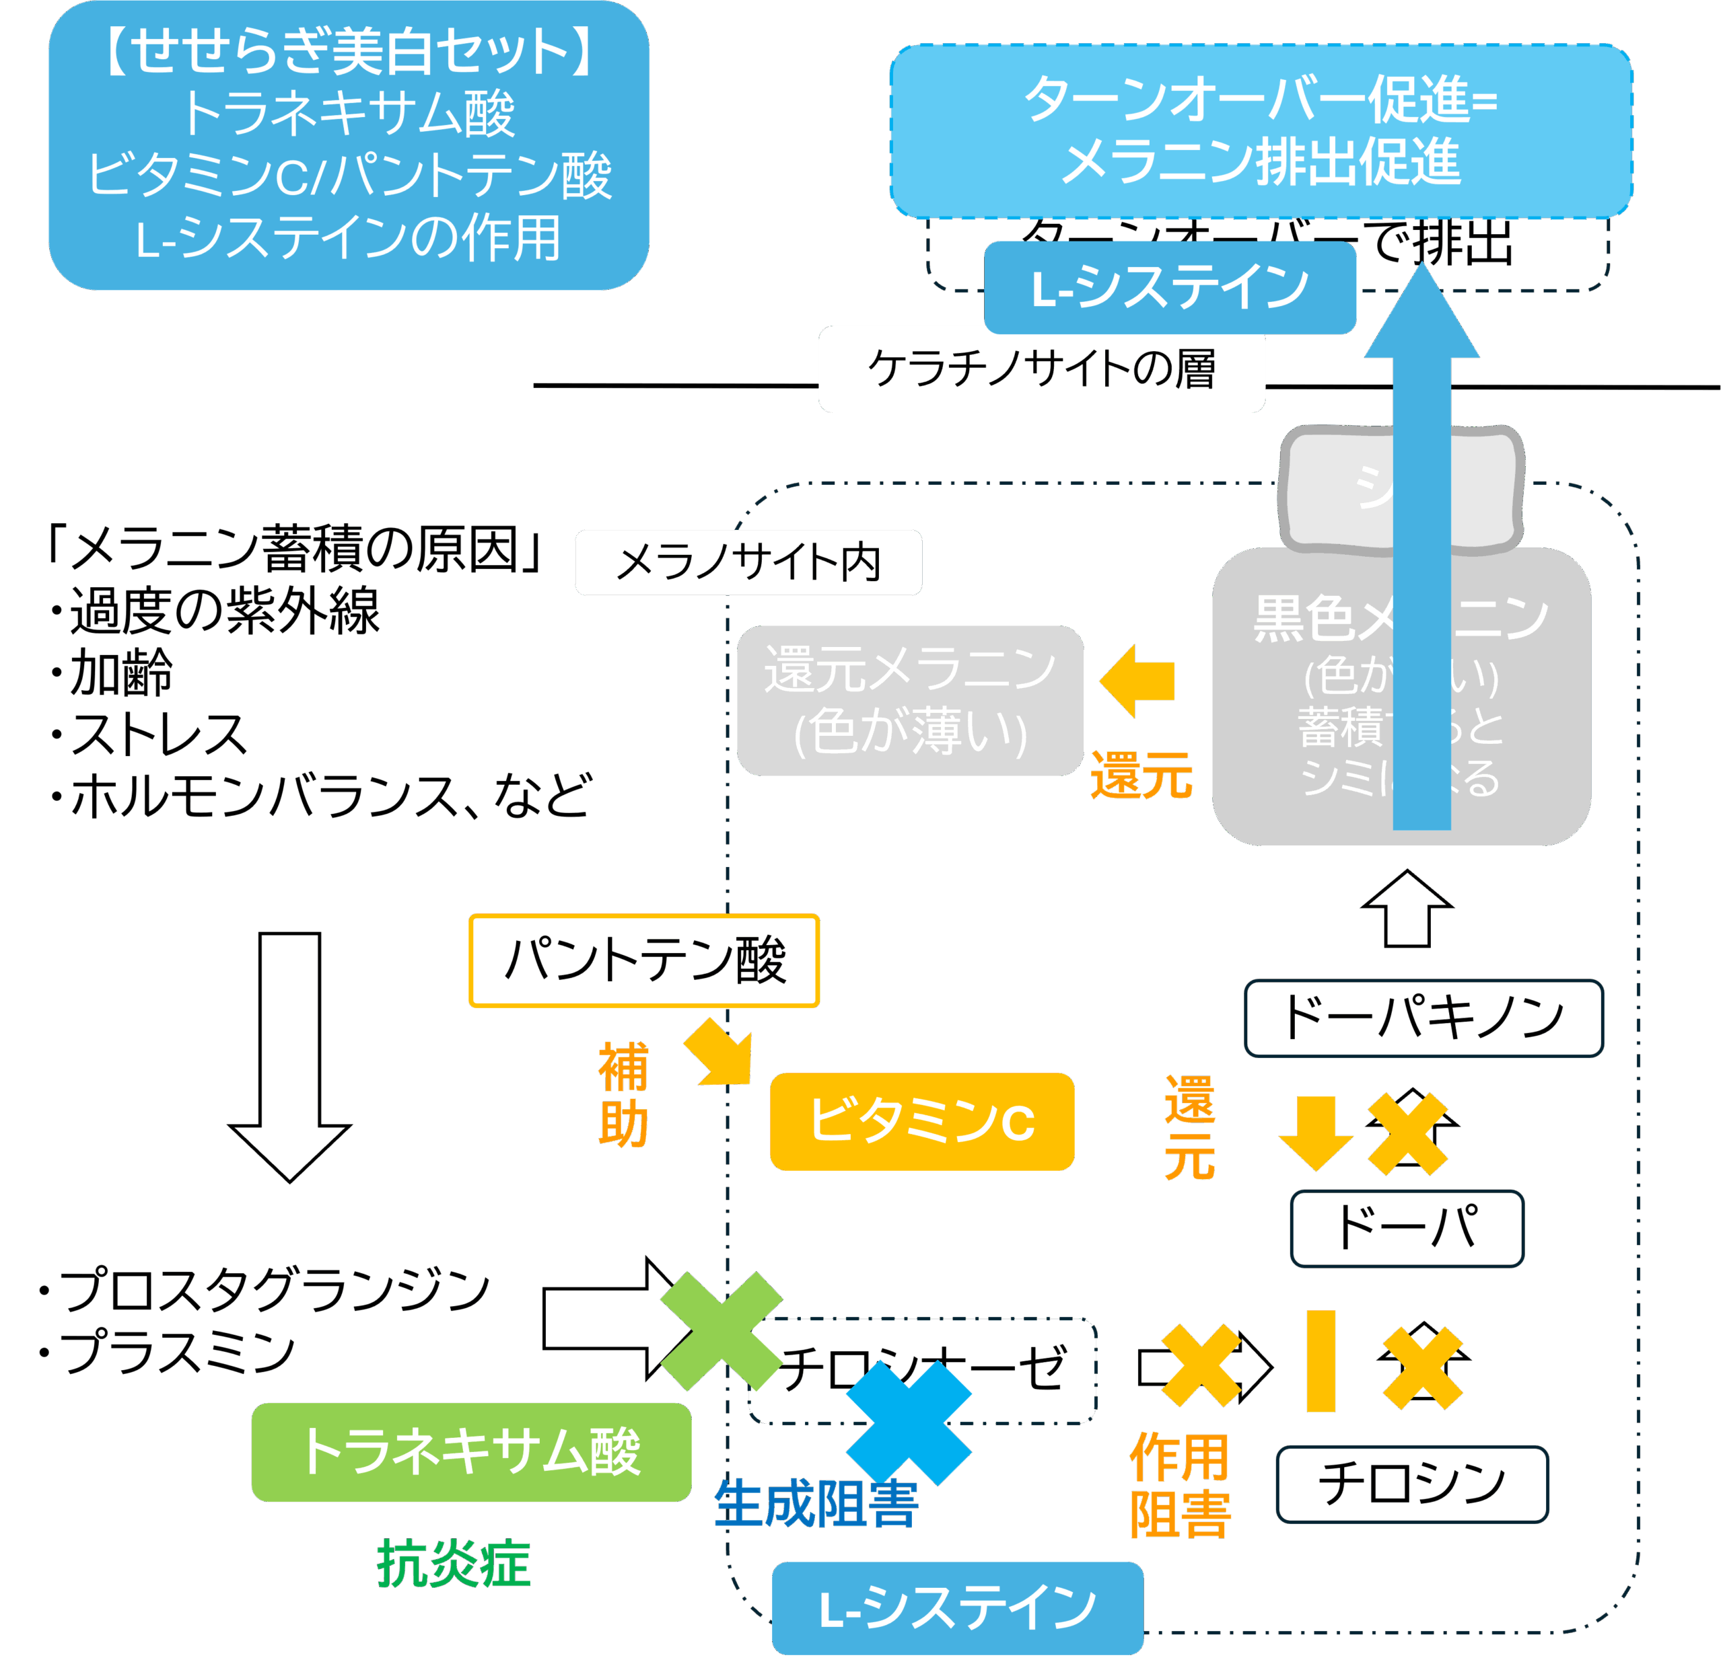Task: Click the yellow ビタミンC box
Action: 921,1121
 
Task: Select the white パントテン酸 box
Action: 643,960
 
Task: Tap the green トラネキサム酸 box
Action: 470,1451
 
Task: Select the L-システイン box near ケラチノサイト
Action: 1169,288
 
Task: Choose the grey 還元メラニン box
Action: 909,700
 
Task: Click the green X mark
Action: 721,1331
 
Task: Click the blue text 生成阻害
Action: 816,1504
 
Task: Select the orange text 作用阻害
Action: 1180,1485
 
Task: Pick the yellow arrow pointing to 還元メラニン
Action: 1137,681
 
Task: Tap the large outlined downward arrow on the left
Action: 289,1055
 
